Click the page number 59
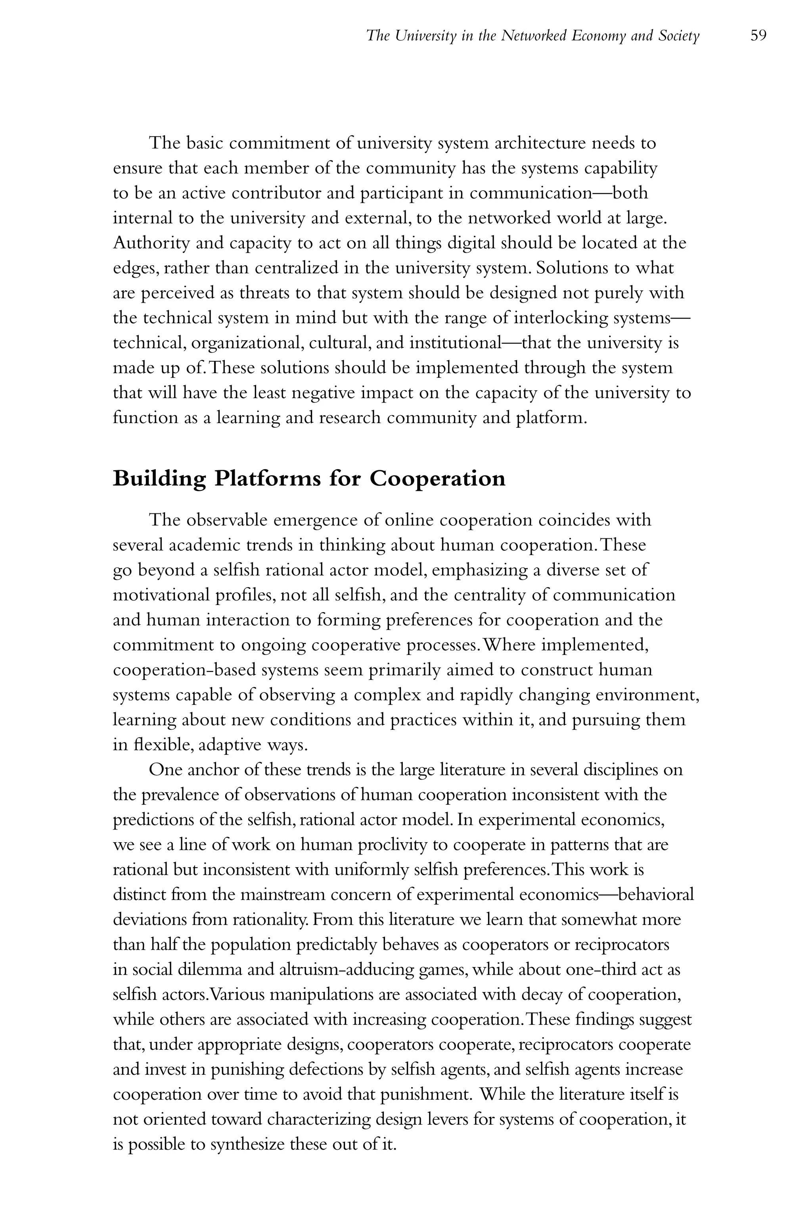pyautogui.click(x=758, y=36)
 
